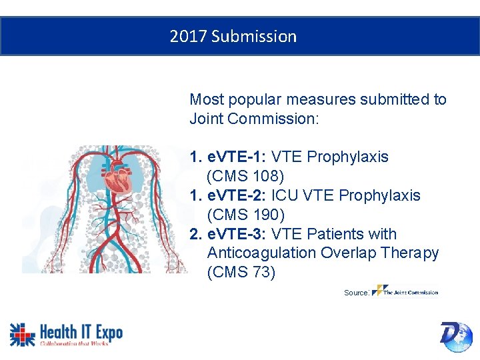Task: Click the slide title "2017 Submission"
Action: (233, 36)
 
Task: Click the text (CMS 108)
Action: (245, 177)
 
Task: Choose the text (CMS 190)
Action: (245, 215)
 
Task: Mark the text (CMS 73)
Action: (241, 273)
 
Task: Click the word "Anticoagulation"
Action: (261, 253)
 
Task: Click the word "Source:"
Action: (357, 293)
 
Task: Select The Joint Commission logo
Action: (405, 291)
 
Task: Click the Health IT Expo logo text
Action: (81, 331)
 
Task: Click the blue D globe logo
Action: (456, 335)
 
